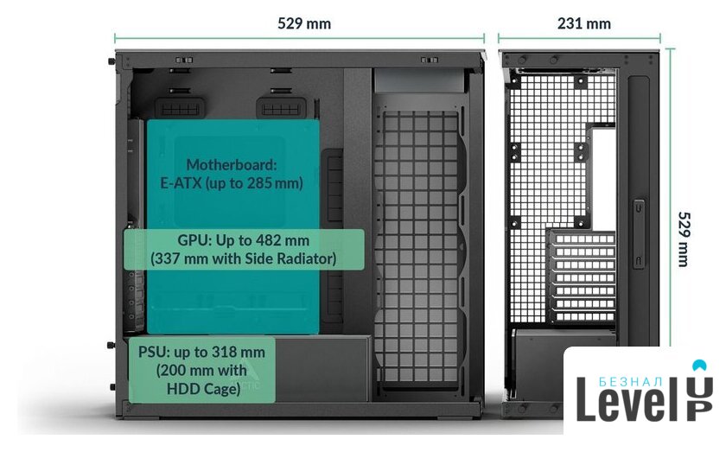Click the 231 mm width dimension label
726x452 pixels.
click(x=584, y=23)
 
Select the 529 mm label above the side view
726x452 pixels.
click(x=304, y=23)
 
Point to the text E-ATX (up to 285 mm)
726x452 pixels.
click(x=231, y=182)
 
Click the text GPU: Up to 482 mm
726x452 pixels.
click(x=243, y=239)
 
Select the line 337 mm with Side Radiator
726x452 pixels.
click(x=243, y=258)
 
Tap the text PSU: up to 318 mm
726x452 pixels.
click(x=201, y=353)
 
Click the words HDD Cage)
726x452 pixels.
click(x=201, y=389)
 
